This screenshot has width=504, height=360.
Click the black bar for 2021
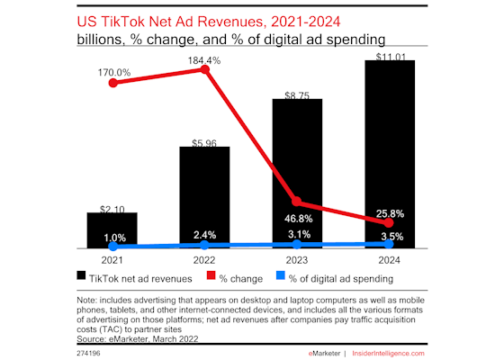tap(112, 230)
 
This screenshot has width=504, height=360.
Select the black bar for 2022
tap(204, 197)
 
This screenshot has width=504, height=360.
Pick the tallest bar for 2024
tap(389, 154)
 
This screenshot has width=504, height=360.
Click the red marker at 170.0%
tap(112, 82)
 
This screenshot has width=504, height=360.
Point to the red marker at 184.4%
tap(204, 69)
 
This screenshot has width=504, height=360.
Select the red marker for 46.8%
tap(297, 202)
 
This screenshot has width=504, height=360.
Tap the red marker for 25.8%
tap(389, 221)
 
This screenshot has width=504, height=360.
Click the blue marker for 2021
tap(112, 246)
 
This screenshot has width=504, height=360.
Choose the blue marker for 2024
tap(389, 243)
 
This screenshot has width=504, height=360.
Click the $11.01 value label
tap(389, 53)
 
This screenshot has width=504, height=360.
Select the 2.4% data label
tap(204, 236)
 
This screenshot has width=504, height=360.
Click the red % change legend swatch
tap(212, 276)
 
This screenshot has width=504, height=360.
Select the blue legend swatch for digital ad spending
tap(281, 276)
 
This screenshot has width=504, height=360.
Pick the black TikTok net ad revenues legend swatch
tap(83, 276)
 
